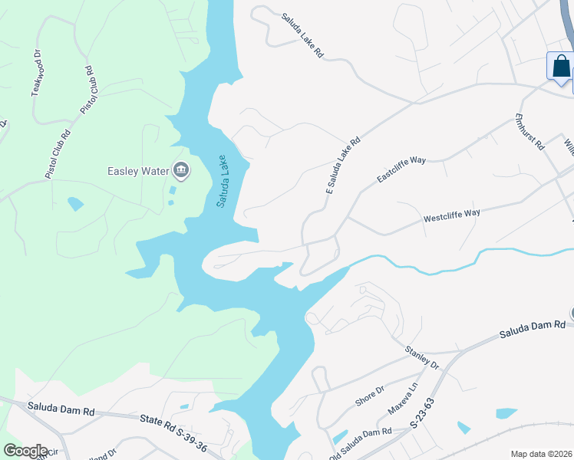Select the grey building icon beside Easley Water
pyautogui.click(x=181, y=169)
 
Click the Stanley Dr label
pyautogui.click(x=422, y=360)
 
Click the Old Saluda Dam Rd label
pyautogui.click(x=361, y=433)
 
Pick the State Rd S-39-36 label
pyautogui.click(x=175, y=421)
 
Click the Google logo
pyautogui.click(x=25, y=450)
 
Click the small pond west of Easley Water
pyautogui.click(x=75, y=204)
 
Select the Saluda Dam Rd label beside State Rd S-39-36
pyautogui.click(x=61, y=410)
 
